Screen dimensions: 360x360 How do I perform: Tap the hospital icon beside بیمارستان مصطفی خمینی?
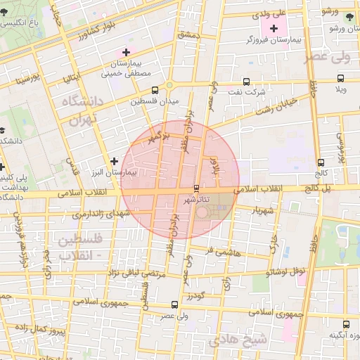126,52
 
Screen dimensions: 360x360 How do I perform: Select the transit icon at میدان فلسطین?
155,90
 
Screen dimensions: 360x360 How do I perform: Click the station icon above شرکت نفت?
246,81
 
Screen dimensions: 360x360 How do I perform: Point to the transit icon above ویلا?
340,79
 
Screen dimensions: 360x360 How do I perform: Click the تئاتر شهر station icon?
196,188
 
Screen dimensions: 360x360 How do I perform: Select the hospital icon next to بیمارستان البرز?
114,161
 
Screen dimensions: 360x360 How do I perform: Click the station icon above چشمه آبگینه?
345,324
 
